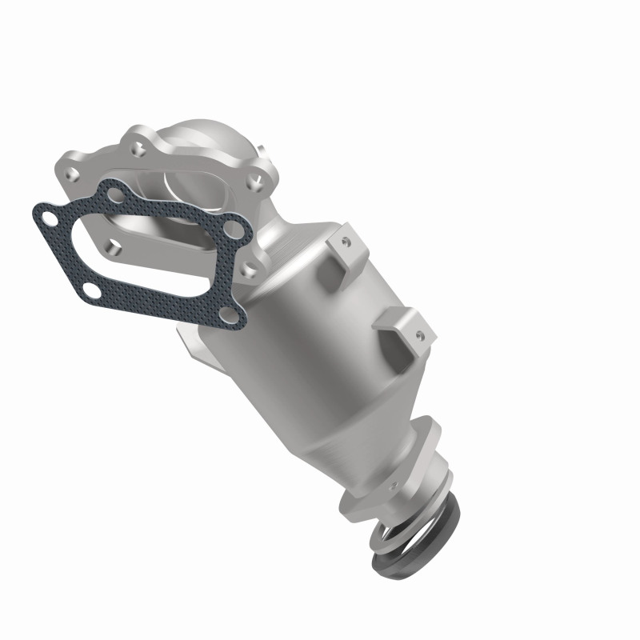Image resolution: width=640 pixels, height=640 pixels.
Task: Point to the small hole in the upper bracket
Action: click(347, 238)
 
